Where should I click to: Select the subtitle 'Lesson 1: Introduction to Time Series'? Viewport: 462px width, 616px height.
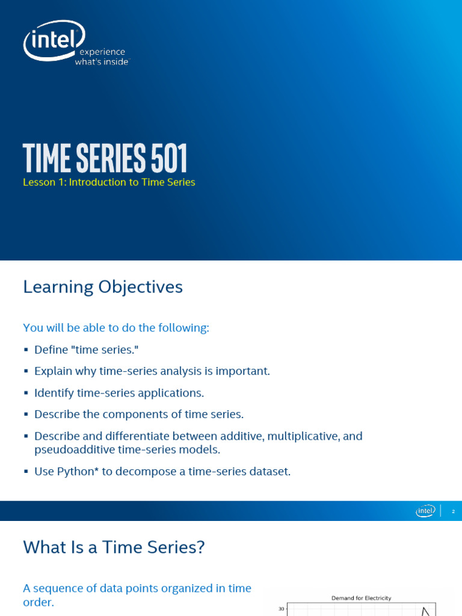coord(109,182)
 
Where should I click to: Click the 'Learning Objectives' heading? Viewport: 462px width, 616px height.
coord(103,288)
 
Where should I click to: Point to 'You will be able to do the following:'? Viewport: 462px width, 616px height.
coord(116,328)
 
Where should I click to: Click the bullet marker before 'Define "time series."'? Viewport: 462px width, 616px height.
coord(26,350)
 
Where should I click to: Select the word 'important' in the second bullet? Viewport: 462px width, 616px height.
coord(244,371)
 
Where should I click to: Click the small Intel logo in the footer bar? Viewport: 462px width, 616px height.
coord(425,511)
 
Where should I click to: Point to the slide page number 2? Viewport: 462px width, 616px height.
coord(453,511)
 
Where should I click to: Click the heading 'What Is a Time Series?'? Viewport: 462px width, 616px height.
coord(114,547)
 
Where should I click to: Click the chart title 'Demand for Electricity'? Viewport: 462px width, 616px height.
coord(361,598)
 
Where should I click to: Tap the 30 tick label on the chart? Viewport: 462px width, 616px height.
coord(280,609)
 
